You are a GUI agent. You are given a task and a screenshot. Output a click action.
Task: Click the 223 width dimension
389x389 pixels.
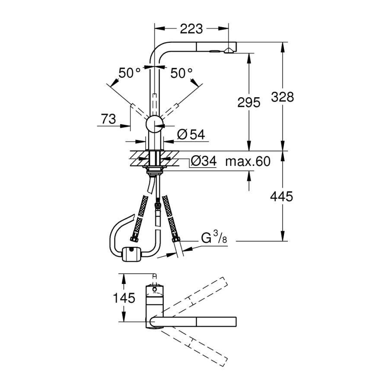tap(191, 29)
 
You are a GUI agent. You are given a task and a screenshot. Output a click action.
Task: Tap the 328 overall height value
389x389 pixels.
tap(282, 97)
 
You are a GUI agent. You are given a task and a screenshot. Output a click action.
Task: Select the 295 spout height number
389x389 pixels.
tap(249, 102)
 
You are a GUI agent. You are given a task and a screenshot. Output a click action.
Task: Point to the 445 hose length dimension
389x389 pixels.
tap(281, 197)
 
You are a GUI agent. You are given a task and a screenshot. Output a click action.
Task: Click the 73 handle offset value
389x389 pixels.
tap(108, 119)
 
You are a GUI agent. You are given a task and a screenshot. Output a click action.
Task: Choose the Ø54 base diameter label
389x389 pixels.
tap(191, 135)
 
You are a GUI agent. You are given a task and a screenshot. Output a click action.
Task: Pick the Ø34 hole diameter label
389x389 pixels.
tap(204, 161)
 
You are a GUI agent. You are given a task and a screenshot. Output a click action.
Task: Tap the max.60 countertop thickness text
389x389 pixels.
tap(248, 162)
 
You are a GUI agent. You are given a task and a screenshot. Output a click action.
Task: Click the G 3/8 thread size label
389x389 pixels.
tap(214, 237)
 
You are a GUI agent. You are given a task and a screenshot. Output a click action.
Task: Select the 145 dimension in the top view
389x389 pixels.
tap(124, 298)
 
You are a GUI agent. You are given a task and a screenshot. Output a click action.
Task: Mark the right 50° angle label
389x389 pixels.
tap(182, 73)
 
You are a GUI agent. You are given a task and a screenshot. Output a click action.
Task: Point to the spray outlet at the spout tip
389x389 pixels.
tap(229, 51)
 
